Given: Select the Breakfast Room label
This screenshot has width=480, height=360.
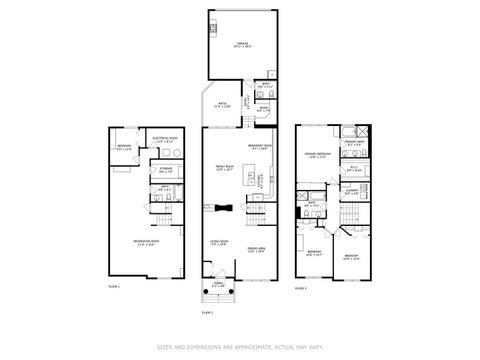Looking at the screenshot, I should coord(259,151).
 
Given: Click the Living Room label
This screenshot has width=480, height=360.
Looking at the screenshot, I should coord(221,242).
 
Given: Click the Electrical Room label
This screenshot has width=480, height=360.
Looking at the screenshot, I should coord(164,139).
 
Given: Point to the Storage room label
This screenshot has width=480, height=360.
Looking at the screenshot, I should coord(165,171).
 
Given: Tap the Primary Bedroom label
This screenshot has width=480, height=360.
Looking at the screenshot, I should coord(318,155).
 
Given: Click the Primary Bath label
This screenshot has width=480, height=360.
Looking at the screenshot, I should coord(354,143).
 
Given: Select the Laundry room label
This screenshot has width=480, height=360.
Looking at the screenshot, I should coord(353,189).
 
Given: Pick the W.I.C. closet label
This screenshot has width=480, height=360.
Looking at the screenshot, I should coord(353,169).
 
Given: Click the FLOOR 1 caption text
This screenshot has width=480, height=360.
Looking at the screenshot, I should coord(114,287).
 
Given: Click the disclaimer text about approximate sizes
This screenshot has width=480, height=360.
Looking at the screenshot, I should coord(240,347).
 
